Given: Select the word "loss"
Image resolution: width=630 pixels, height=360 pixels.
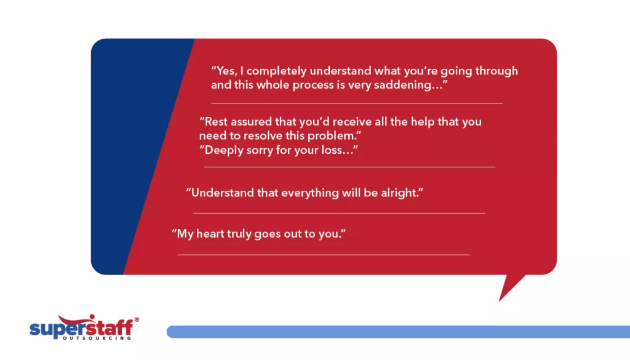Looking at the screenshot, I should [337, 150].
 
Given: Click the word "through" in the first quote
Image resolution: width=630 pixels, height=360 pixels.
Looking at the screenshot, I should [495, 71].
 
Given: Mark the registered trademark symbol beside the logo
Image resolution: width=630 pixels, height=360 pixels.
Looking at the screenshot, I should [136, 319].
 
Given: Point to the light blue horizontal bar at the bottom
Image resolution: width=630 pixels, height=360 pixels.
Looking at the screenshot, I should [394, 332].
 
